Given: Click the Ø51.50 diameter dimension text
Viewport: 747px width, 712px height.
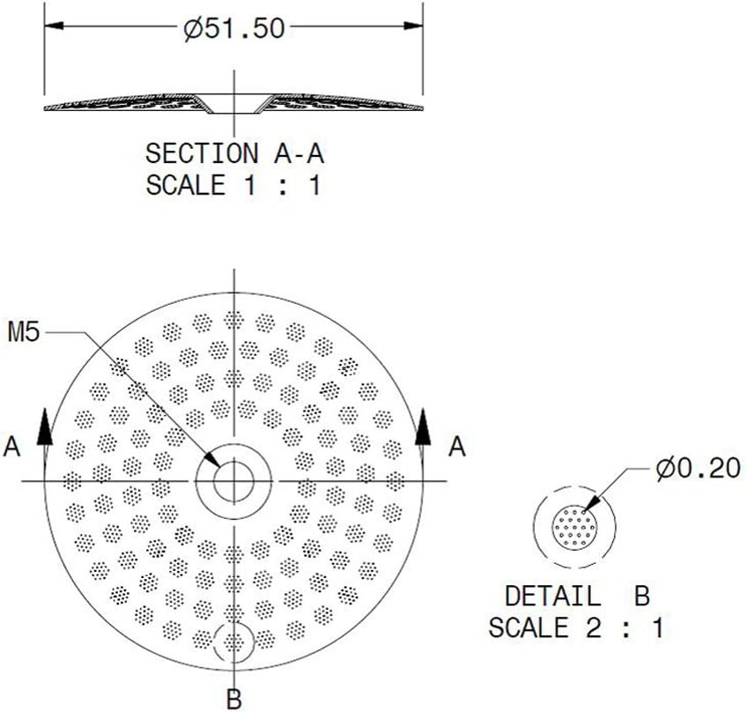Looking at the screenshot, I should point(234,28).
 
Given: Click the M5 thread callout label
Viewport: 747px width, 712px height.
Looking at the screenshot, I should point(25,333).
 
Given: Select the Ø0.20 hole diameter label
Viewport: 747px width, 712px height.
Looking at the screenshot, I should point(697,469).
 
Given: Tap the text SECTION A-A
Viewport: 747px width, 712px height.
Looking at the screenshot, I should point(234,153).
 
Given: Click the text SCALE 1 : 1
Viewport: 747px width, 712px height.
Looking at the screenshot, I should point(234,186).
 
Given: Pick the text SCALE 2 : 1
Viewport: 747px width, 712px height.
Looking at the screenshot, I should point(578,628).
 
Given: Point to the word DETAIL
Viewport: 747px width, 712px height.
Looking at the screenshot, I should point(551,596).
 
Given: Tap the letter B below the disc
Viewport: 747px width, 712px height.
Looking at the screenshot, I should point(233,700).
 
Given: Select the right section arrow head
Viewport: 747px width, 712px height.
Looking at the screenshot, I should point(424,426).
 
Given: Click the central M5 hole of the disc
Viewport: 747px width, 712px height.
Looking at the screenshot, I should point(233,480).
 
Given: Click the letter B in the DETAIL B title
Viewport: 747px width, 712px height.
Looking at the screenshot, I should point(640,596).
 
